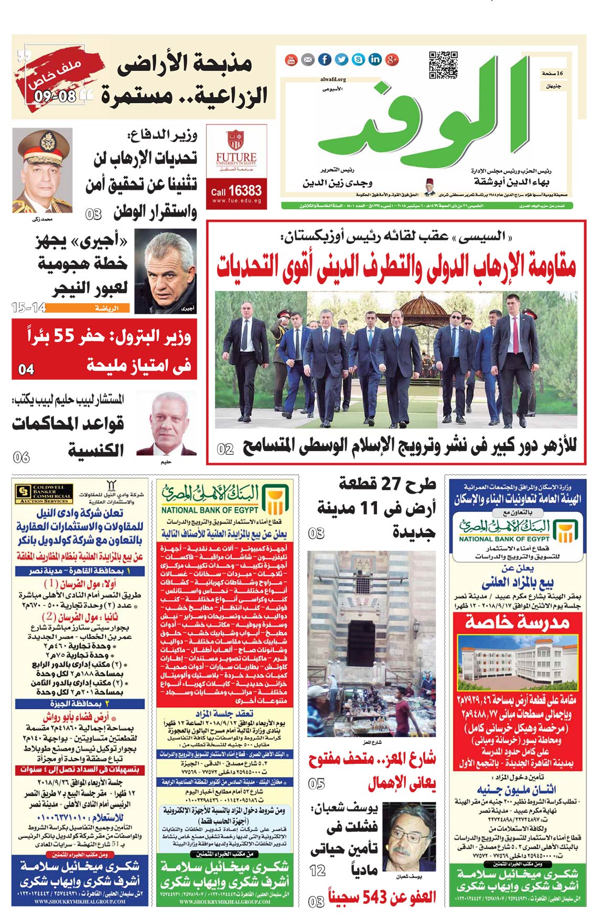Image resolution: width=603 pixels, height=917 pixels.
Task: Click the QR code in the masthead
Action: coord(443,65)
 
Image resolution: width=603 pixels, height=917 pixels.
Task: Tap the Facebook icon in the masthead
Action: coord(325,60)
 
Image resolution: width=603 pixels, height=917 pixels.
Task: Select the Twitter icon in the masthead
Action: coord(341,60)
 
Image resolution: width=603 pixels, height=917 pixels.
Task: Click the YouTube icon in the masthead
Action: coord(291,60)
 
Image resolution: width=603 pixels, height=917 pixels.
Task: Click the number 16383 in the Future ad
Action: coord(245,190)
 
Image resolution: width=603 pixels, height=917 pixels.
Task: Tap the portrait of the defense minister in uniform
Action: coord(42,170)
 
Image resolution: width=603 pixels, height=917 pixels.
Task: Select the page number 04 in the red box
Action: coord(26,370)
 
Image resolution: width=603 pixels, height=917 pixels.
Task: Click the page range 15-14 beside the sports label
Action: coord(29,308)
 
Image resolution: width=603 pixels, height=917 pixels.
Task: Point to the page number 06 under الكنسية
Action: coord(21,457)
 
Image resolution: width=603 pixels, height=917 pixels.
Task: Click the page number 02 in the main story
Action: coord(225,449)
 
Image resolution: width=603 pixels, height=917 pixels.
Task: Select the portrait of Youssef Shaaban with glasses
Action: coord(408,836)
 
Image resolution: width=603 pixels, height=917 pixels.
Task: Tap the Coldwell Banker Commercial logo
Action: coord(44,493)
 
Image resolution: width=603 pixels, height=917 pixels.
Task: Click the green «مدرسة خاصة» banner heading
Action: coord(516,622)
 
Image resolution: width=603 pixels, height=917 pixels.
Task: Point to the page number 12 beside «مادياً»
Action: coord(318,871)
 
